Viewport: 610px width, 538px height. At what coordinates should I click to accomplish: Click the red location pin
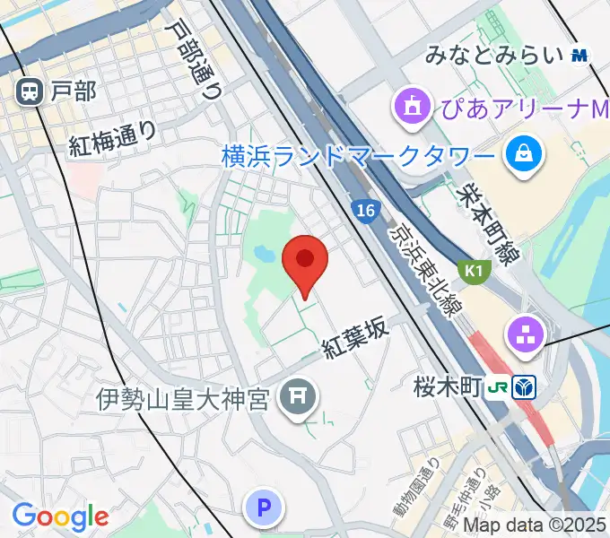coord(305,263)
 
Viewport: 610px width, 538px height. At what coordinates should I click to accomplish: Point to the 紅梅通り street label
coord(114,138)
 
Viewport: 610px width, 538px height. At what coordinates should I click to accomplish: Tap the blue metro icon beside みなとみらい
coord(579,55)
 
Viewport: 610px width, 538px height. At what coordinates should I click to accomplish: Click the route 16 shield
coord(362,210)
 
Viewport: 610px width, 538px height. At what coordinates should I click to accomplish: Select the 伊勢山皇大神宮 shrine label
coord(184,399)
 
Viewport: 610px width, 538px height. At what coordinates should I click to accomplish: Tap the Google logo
coord(60,516)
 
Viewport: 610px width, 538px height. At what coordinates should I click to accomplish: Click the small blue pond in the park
coord(266,255)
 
